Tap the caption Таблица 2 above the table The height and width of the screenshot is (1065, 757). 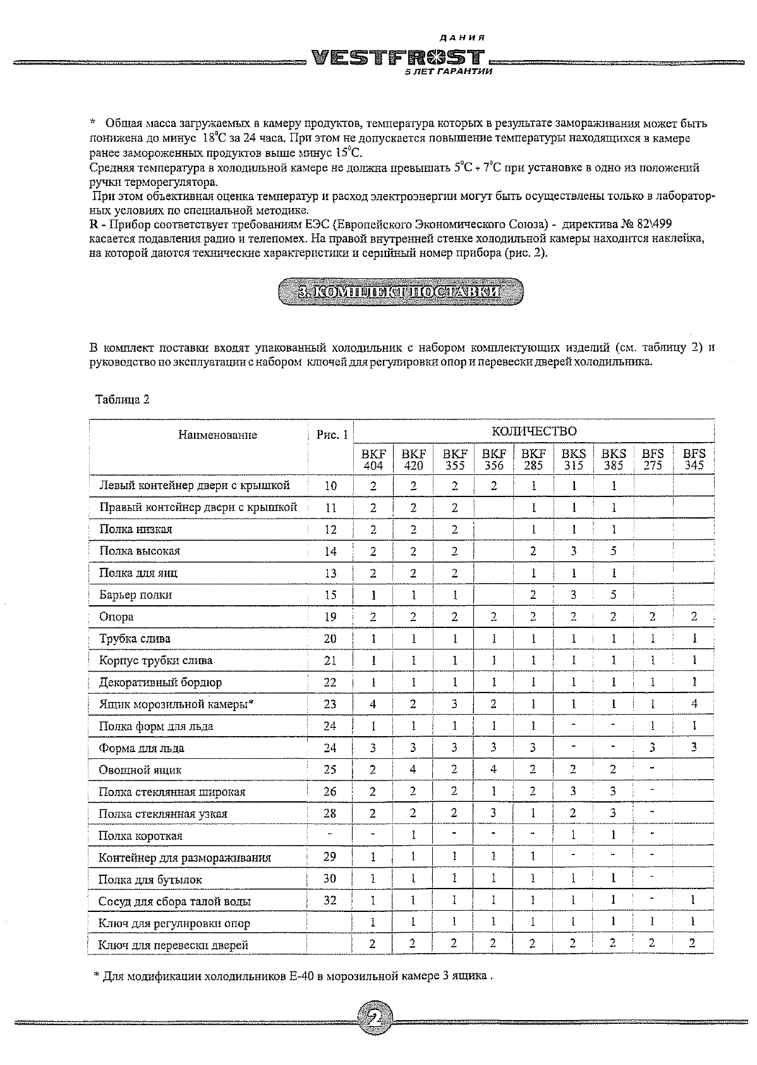tap(122, 399)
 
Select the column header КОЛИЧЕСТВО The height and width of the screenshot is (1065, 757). tap(534, 431)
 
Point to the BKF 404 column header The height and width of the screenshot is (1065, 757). tap(373, 459)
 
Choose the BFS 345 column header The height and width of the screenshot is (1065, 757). tap(694, 459)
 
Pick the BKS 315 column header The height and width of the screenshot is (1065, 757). tap(573, 459)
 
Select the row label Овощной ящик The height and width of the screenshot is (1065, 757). tap(140, 770)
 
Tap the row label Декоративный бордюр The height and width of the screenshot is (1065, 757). tap(160, 682)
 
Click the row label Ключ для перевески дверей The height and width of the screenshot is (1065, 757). tap(173, 945)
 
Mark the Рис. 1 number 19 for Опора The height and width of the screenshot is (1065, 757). tap(330, 617)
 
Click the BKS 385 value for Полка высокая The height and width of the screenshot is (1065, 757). tap(613, 551)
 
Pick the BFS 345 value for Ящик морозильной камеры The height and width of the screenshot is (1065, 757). tap(694, 704)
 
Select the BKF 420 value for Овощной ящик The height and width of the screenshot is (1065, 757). tap(413, 770)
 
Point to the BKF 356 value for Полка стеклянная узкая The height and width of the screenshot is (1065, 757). tap(493, 813)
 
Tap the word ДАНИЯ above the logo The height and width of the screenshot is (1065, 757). tap(468, 38)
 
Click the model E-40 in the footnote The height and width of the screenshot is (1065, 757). tap(300, 976)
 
